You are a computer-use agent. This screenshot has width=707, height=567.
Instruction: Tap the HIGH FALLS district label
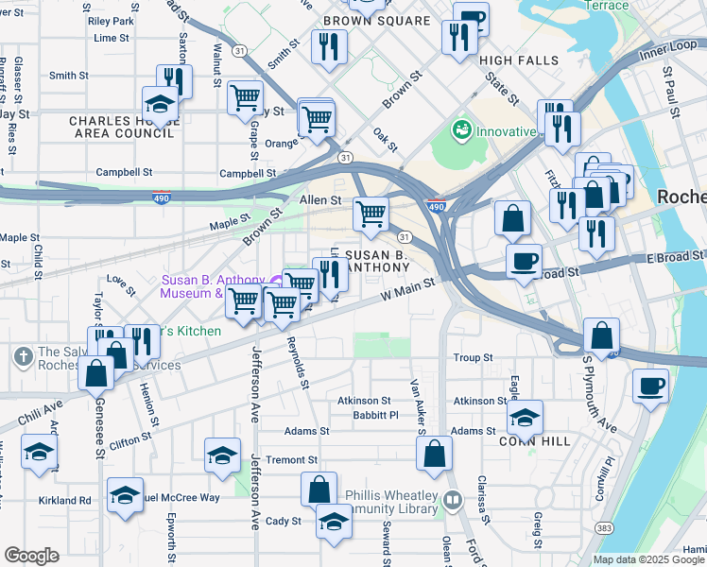(514, 60)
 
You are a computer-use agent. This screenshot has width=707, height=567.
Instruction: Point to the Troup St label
(474, 358)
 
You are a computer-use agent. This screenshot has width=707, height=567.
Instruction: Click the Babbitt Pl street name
(369, 415)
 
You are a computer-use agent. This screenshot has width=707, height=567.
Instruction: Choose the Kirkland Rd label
(64, 500)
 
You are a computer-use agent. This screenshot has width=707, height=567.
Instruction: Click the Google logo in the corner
(31, 556)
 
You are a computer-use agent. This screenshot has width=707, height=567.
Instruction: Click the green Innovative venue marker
(462, 129)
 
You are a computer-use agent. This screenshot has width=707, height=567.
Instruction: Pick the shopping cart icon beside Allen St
(371, 213)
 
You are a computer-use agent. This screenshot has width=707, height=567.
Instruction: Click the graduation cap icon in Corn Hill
(526, 416)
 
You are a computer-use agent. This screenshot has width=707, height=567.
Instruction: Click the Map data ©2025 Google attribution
(648, 559)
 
